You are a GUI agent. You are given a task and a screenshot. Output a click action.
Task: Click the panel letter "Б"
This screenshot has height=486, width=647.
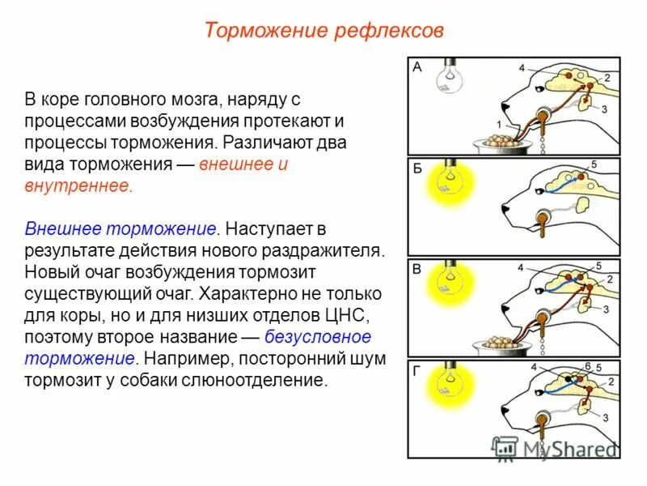click(417, 168)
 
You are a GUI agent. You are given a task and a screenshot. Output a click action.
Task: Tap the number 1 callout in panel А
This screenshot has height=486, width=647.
click(499, 123)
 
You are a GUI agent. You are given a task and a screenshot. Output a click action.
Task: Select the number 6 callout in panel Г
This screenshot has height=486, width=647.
click(588, 366)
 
